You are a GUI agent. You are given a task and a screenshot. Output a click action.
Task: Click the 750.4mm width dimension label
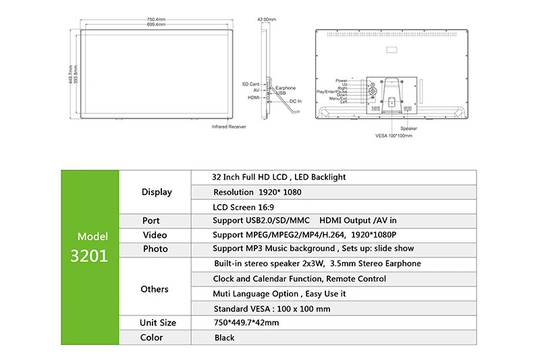[x=156, y=20]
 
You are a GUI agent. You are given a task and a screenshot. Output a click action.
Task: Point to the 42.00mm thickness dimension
[x=267, y=20]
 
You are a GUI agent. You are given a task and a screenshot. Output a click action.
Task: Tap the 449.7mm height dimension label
[x=71, y=74]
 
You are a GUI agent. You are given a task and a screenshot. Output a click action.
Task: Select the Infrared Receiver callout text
[x=229, y=127]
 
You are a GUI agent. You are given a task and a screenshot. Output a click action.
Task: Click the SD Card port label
[x=250, y=84]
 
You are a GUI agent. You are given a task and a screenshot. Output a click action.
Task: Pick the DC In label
[x=296, y=101]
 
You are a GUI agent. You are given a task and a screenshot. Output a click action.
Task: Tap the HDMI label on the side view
[x=254, y=97]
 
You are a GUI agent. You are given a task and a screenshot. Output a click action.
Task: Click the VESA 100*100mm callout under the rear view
[x=394, y=136]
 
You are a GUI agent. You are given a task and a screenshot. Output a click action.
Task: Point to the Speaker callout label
[x=408, y=128]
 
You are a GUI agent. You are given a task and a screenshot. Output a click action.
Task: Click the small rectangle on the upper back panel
[x=391, y=50]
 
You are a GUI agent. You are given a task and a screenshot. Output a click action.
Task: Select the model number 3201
[x=89, y=255]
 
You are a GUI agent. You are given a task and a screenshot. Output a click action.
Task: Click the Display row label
[x=157, y=192]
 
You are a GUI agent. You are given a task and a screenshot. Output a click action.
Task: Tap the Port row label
[x=151, y=220]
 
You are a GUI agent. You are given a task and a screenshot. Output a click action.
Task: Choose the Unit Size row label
[x=158, y=322]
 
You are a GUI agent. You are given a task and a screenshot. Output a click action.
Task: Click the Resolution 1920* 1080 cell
[x=257, y=192]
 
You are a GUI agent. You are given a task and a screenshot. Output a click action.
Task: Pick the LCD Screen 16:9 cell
[x=243, y=207]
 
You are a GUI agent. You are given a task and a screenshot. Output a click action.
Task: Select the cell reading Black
[x=224, y=338]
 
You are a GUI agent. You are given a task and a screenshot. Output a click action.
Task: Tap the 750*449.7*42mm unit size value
[x=246, y=323]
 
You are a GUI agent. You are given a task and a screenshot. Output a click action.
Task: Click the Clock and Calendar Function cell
[x=299, y=279]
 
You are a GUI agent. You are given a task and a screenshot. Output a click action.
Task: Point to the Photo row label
[x=155, y=249]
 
